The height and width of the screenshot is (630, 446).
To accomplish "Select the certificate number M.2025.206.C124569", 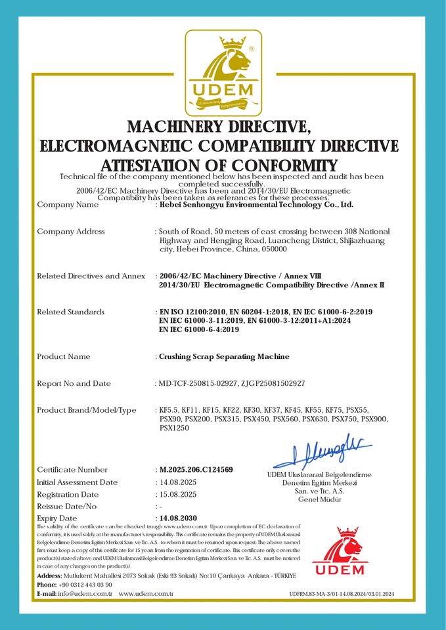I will (196, 470).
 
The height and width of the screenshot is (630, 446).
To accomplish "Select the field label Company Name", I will (68, 205).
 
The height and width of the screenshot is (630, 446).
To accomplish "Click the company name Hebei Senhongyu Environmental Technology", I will (256, 205).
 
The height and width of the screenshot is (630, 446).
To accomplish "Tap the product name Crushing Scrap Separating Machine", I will (224, 357).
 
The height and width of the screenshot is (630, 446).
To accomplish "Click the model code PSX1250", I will (174, 428).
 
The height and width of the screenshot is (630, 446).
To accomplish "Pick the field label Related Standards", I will (70, 312).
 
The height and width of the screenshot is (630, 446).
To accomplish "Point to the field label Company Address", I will (71, 232).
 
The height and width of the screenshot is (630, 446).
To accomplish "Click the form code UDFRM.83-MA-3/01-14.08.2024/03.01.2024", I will (342, 594).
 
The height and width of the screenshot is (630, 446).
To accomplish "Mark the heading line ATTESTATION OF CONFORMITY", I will (219, 165).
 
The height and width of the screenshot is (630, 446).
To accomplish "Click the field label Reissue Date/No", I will (67, 507).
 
